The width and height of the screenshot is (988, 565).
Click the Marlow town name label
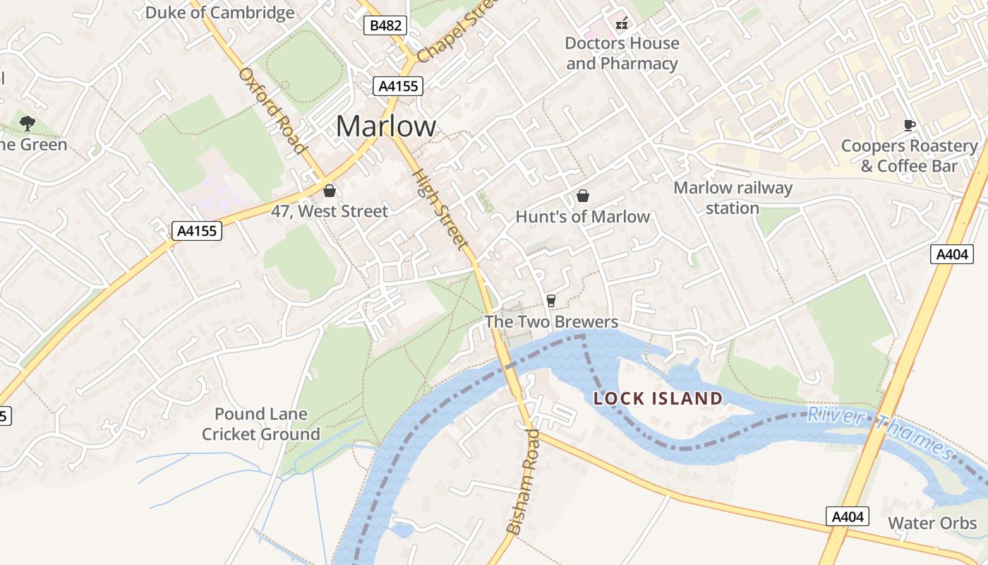[x=386, y=126]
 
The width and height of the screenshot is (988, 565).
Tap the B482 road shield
[x=387, y=26]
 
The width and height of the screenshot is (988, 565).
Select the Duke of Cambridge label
[x=219, y=13]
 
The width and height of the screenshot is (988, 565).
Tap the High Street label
[x=440, y=210]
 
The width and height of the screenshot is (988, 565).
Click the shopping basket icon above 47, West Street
[x=329, y=191]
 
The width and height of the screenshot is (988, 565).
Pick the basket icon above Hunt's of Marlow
[x=583, y=196]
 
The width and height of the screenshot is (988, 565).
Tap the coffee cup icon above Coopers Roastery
[x=910, y=126]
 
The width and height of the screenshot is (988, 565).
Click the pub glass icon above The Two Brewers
[x=551, y=300]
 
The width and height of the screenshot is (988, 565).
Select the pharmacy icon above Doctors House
[x=622, y=23]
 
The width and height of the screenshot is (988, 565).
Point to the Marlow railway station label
[x=733, y=198]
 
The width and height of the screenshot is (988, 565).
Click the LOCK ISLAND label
[x=658, y=398]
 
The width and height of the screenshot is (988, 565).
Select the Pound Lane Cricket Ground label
[x=261, y=424]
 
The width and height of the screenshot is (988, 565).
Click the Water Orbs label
[x=932, y=523]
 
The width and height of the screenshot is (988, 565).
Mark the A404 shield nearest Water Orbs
[x=848, y=517]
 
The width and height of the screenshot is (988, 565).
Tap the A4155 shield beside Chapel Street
[x=398, y=86]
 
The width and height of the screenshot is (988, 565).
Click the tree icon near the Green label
[x=28, y=124]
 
